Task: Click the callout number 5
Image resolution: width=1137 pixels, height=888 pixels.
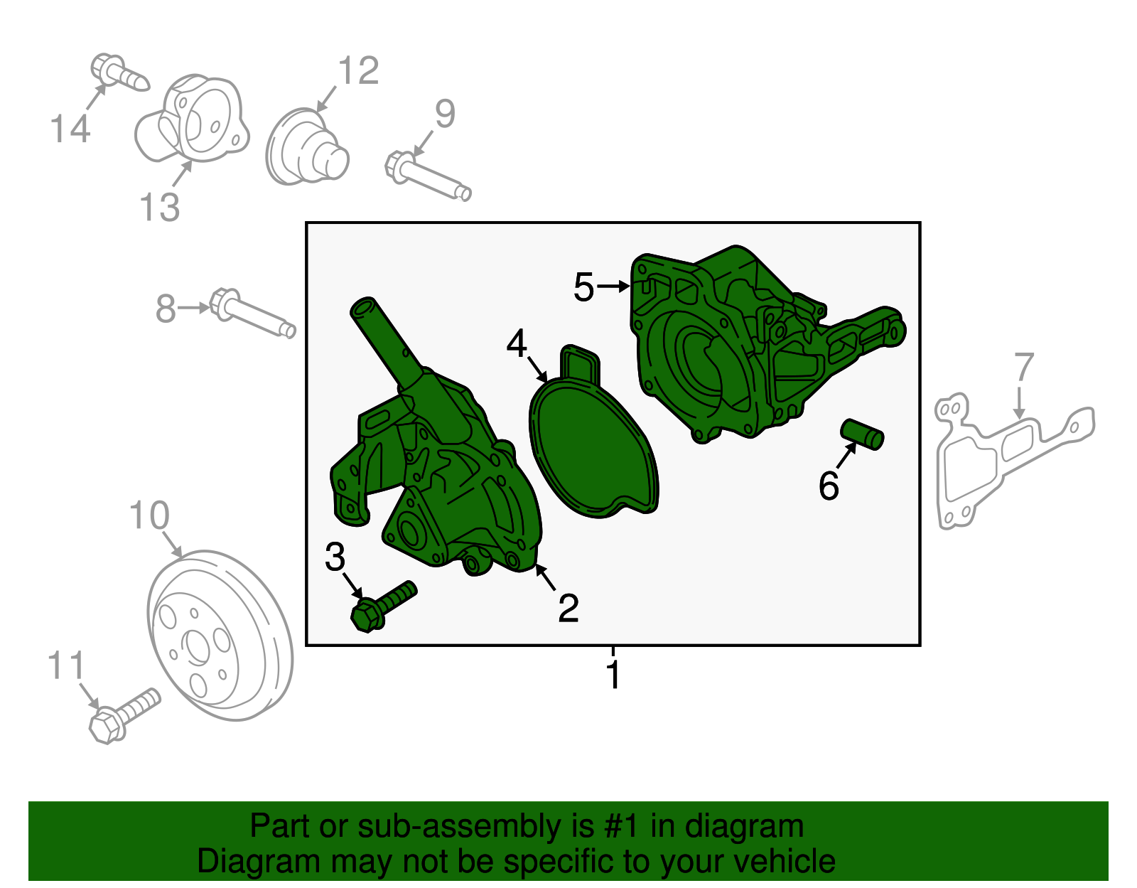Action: [583, 287]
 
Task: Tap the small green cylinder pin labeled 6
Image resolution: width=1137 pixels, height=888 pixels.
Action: [862, 434]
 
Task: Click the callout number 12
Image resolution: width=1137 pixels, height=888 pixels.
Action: [358, 70]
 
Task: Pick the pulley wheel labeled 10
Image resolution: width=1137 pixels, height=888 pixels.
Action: [220, 636]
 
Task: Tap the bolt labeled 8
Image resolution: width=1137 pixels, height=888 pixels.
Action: [252, 313]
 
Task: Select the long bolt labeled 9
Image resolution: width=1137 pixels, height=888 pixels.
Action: [428, 176]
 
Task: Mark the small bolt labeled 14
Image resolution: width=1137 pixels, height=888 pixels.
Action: [120, 73]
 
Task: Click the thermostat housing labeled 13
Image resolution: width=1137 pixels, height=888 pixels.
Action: [191, 118]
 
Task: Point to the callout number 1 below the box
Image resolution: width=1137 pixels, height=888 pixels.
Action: [613, 675]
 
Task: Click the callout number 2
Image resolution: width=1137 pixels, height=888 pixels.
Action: [568, 608]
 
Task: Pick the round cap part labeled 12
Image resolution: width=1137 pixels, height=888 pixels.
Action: [307, 146]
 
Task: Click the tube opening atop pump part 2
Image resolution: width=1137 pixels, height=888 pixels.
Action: [363, 306]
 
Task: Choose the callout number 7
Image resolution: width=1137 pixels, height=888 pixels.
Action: [1025, 367]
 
